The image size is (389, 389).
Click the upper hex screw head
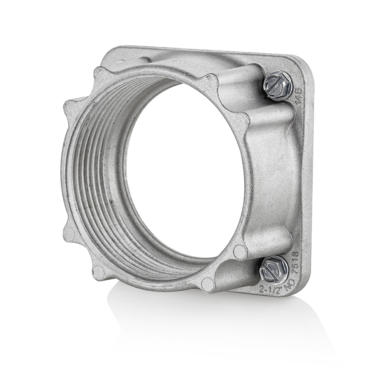(x=278, y=86)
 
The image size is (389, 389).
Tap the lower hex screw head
(x=274, y=269)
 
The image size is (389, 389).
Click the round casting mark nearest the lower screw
(x=240, y=252)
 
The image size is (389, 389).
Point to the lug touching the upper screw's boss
(x=211, y=82)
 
